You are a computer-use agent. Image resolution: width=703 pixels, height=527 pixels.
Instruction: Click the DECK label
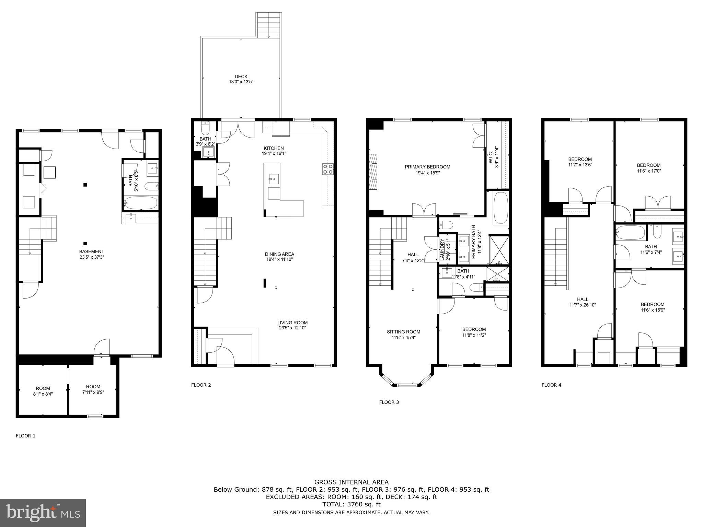click(241, 77)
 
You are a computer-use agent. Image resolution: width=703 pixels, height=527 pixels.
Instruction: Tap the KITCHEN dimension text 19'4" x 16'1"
click(274, 154)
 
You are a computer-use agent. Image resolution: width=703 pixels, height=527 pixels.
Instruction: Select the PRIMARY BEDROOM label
click(427, 167)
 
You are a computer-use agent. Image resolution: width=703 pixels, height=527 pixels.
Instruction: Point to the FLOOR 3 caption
click(389, 402)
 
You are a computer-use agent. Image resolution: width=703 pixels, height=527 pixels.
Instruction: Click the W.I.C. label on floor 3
click(491, 157)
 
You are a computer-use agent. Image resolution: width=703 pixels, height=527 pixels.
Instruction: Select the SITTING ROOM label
click(403, 332)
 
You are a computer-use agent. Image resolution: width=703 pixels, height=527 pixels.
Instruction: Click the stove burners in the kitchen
click(327, 169)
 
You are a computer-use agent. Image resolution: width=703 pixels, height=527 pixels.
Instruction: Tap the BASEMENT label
click(91, 251)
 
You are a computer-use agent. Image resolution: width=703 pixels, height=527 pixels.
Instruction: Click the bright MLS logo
click(43, 513)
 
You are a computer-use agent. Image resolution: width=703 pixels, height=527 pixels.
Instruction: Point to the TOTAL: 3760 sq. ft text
click(351, 504)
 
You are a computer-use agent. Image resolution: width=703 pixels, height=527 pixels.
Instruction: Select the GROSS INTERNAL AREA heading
click(351, 482)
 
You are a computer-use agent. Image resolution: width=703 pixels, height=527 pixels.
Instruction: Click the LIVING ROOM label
click(292, 323)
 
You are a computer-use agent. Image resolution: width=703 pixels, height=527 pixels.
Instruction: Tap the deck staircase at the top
click(269, 26)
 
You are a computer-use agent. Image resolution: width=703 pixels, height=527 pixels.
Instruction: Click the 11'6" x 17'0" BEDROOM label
click(648, 165)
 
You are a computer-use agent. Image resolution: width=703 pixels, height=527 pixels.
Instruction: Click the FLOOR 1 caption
click(26, 436)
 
